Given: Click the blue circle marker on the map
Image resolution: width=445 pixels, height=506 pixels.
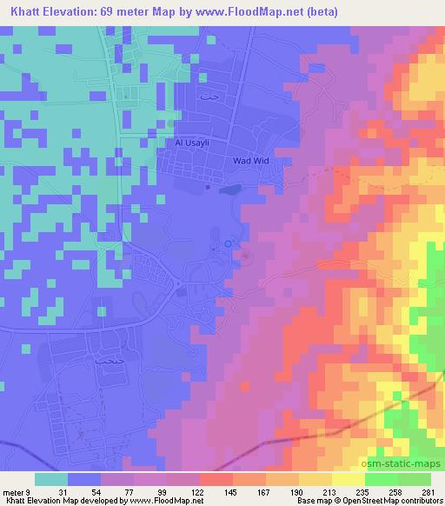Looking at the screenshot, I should point(229,244).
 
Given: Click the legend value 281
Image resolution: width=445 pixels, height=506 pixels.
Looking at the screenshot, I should point(428,492).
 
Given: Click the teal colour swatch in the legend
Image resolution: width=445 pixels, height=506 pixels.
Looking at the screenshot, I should point(50,479).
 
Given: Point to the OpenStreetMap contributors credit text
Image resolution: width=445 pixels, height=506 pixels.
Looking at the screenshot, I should point(395,502).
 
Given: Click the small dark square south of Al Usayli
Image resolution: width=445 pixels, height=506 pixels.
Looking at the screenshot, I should point(207,185).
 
